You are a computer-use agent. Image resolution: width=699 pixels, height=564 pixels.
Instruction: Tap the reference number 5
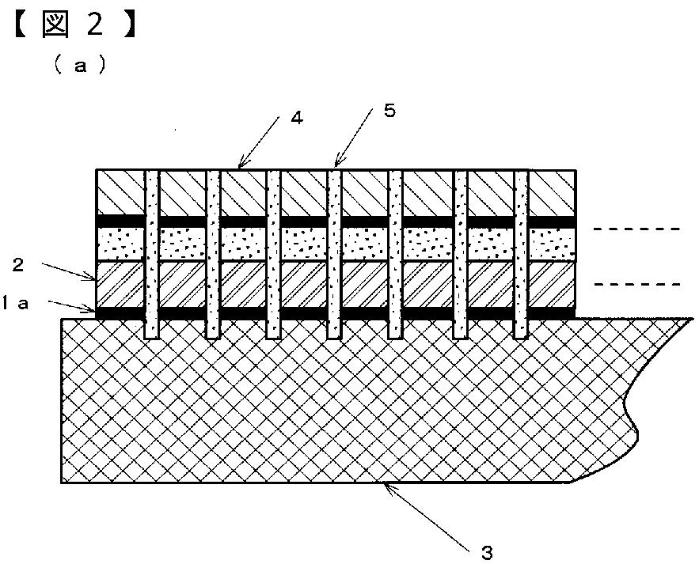click(389, 111)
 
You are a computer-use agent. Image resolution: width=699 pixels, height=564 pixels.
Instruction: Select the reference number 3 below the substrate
click(488, 551)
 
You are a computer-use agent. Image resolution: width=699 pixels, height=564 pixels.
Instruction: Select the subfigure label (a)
click(78, 66)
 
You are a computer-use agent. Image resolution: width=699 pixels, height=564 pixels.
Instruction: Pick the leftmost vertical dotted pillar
click(152, 253)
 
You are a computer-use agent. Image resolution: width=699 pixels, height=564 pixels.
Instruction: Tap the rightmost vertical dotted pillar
click(521, 253)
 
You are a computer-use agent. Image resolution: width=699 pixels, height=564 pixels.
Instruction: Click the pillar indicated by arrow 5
click(335, 253)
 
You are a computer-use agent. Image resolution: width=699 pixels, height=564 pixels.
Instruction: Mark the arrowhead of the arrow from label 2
click(95, 278)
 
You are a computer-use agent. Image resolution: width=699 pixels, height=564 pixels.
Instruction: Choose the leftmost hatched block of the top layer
click(120, 192)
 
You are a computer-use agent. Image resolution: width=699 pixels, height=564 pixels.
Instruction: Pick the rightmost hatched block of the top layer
click(552, 192)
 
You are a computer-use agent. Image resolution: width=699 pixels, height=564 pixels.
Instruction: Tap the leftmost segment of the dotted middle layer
click(120, 244)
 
